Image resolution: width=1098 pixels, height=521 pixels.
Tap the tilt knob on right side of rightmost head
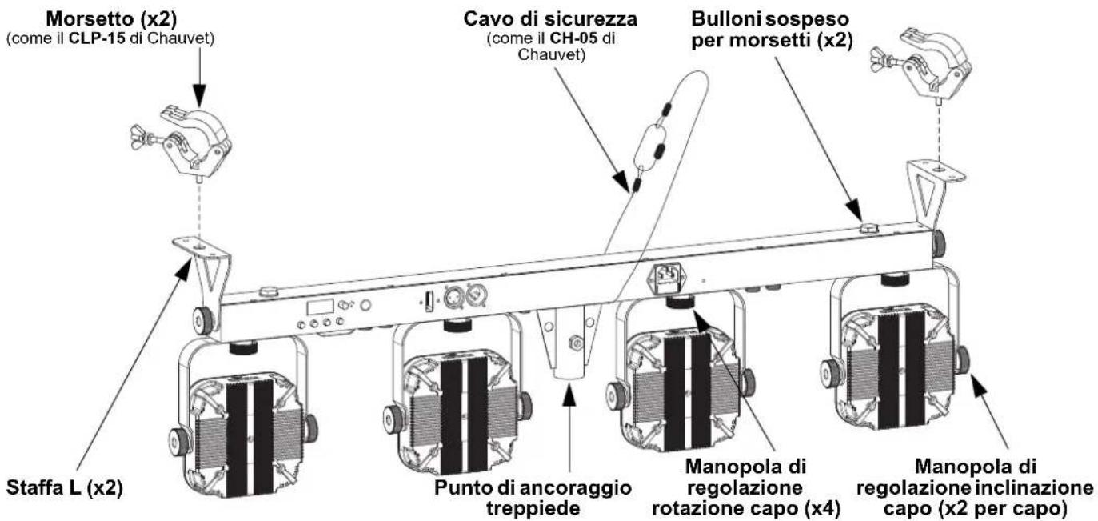961,361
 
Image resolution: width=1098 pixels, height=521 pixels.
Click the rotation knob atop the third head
680,303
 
